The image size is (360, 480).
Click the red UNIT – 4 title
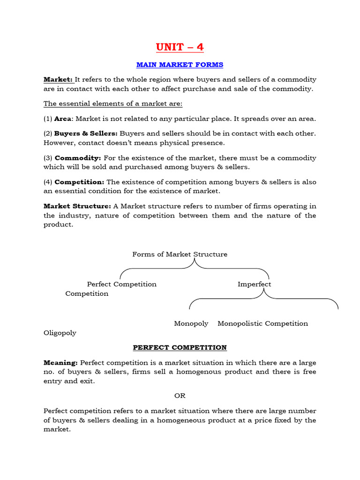click(180, 47)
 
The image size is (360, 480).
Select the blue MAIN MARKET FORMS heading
click(180, 64)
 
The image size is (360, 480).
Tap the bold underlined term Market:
click(55, 79)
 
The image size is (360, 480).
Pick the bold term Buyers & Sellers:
click(86, 134)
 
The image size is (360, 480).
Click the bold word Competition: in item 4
click(79, 182)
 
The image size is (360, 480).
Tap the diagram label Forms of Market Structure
click(180, 254)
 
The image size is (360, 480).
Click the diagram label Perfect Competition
click(122, 284)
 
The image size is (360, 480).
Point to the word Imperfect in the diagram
click(254, 284)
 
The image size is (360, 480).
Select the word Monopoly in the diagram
click(191, 323)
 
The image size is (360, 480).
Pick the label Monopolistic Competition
click(262, 323)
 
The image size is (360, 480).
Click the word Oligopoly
click(60, 333)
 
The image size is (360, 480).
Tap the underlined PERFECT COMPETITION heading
click(180, 347)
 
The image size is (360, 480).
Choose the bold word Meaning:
click(61, 362)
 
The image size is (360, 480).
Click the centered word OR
click(180, 396)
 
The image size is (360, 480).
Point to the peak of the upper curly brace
click(195, 259)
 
